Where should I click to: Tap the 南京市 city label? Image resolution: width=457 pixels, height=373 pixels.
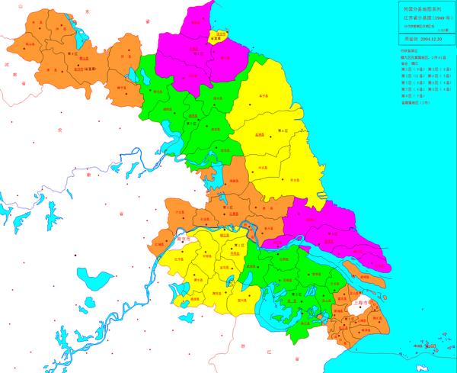[183, 238]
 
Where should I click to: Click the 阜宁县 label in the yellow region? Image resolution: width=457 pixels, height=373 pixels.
[264, 97]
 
